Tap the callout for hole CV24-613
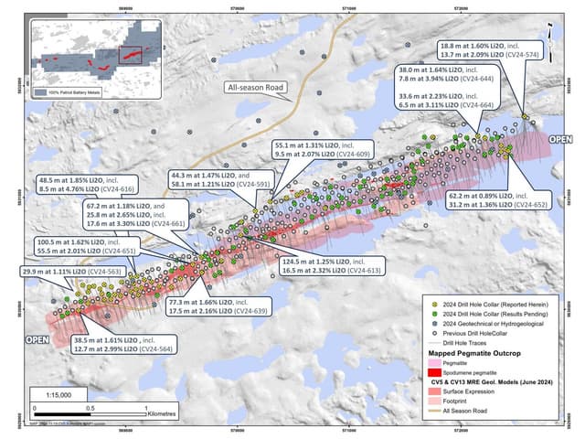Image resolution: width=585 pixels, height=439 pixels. coord(335,265)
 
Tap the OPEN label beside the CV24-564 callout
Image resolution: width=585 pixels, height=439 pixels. coord(36,339)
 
